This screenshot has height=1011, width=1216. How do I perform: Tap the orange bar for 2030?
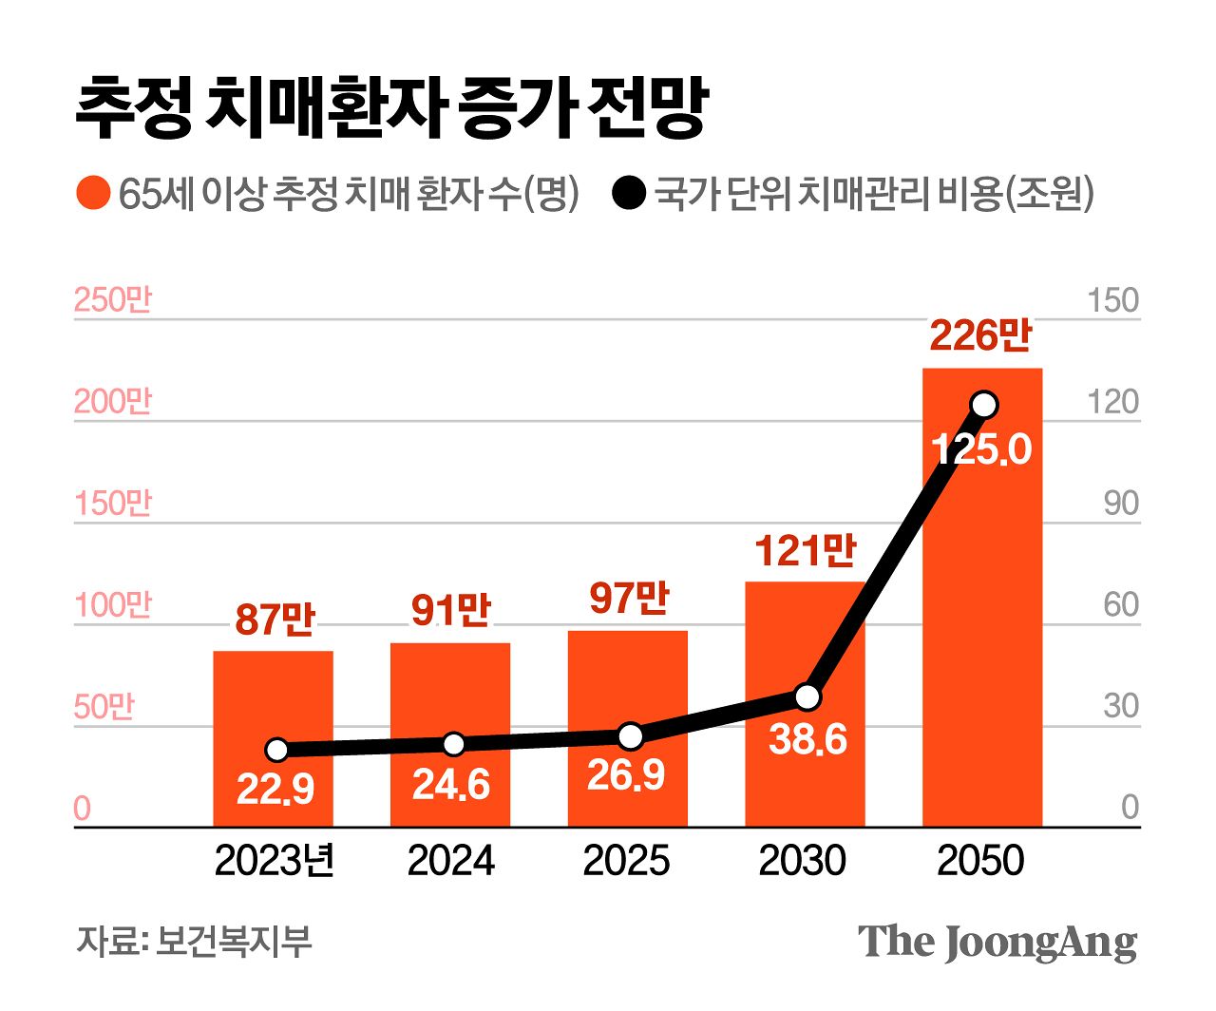tap(805, 646)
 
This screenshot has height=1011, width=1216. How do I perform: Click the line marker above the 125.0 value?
tap(984, 405)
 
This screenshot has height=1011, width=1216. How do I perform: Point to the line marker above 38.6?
tap(807, 696)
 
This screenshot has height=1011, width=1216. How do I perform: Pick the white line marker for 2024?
tap(453, 744)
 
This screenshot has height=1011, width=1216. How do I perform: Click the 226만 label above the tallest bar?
tap(979, 335)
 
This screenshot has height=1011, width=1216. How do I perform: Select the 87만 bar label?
tap(275, 620)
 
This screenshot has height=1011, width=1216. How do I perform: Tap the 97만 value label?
tap(629, 598)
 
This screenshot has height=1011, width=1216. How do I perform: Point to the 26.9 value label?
tap(626, 775)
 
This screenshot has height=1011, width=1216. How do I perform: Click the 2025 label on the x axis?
tap(626, 861)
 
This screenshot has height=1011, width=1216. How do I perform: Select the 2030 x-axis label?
tap(803, 861)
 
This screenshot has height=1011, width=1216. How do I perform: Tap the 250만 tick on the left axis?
tap(113, 300)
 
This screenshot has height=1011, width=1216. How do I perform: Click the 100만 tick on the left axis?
tap(113, 605)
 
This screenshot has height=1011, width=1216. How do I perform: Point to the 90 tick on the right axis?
tap(1121, 504)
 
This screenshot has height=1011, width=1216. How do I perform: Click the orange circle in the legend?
tap(92, 194)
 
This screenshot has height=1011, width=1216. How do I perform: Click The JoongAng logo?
tap(997, 942)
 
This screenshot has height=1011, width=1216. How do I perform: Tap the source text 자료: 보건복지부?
tap(194, 942)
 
